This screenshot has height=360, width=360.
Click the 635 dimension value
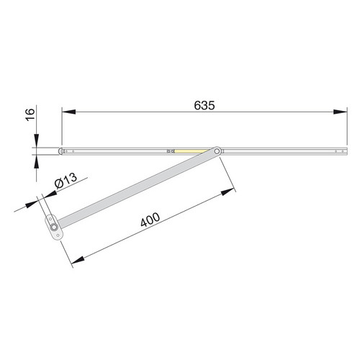click(x=204, y=105)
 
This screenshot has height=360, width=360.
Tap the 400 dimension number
click(x=150, y=220)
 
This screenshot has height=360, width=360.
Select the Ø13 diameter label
click(x=66, y=180)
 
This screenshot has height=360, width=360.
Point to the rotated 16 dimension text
click(x=30, y=114)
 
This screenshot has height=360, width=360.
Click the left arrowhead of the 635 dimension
click(x=69, y=112)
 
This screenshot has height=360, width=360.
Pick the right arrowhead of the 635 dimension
click(x=340, y=112)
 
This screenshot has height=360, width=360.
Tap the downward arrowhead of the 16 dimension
click(x=36, y=141)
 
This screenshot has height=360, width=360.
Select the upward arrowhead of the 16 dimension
click(x=36, y=162)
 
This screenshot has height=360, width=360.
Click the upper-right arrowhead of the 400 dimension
click(x=228, y=192)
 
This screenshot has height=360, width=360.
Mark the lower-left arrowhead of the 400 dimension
click(x=78, y=260)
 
